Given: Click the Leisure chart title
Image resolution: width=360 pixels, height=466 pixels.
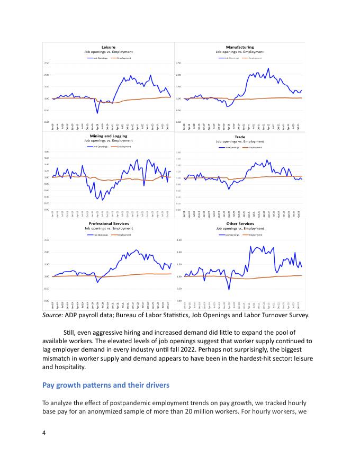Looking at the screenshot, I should click(x=108, y=47).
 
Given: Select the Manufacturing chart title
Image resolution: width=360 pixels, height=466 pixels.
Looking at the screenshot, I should click(x=239, y=47).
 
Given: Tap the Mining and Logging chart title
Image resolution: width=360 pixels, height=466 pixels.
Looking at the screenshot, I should click(x=109, y=136).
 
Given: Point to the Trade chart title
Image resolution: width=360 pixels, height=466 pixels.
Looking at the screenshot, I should click(x=239, y=137).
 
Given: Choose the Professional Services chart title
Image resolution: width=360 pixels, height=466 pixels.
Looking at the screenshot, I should click(x=109, y=223).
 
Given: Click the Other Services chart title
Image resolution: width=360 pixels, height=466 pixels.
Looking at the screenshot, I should click(x=239, y=223).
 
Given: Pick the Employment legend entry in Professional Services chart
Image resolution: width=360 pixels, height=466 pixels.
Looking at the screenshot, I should click(x=122, y=234).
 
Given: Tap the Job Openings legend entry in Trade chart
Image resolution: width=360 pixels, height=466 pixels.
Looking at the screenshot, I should click(x=229, y=147).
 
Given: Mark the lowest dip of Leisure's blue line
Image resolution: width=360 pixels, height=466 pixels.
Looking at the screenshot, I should click(x=97, y=113).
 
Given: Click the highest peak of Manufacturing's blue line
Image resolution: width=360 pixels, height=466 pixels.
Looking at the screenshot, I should click(x=268, y=68).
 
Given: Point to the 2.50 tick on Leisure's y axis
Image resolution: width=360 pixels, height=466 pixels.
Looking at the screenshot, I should click(x=47, y=63).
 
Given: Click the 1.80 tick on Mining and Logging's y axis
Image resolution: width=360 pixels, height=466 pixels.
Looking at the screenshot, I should click(x=47, y=152).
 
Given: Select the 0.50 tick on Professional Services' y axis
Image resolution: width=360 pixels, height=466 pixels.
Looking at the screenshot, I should click(x=47, y=289).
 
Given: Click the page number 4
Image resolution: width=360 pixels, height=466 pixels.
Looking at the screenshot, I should click(x=44, y=433).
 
